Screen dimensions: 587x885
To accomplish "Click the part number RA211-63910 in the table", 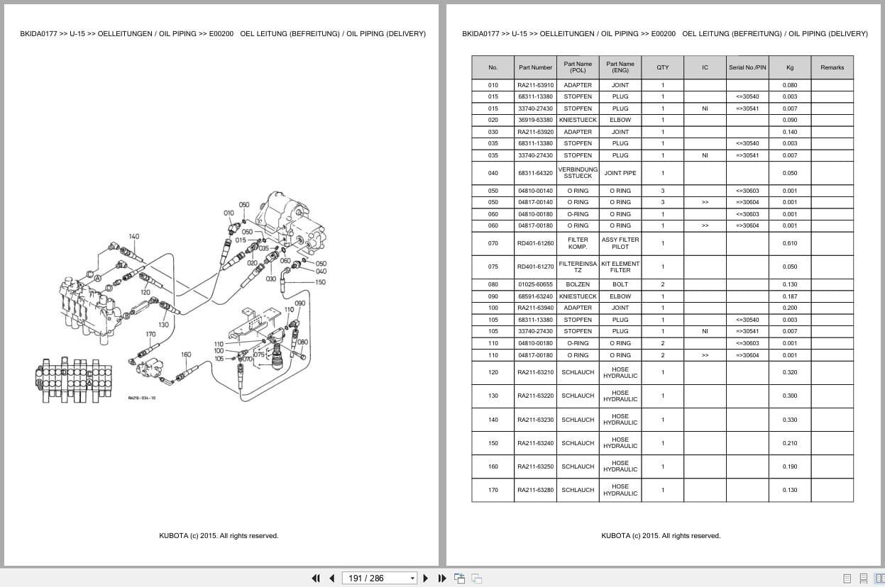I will (535, 85).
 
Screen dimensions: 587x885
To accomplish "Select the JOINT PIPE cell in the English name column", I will (620, 173).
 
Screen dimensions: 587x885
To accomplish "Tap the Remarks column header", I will (832, 67).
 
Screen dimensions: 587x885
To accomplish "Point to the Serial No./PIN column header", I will (747, 67).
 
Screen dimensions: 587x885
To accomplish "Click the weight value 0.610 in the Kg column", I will (790, 243).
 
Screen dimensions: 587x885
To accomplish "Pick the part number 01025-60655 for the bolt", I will (535, 284).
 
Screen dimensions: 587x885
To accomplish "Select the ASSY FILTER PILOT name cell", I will (620, 243).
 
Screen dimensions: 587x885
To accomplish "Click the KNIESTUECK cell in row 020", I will (578, 120).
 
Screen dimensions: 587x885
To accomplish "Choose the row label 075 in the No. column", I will (493, 267).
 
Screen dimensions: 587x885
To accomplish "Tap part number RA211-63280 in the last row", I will (535, 490).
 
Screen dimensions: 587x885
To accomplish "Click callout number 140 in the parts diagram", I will (134, 237).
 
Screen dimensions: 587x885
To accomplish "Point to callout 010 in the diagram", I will (229, 213).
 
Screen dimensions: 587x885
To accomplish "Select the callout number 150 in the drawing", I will (321, 282).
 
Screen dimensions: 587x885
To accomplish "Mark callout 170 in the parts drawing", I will (150, 334).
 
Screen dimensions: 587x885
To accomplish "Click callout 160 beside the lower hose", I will (186, 354).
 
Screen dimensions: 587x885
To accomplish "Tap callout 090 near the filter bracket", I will (299, 303).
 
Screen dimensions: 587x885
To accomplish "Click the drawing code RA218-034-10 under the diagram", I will (142, 398).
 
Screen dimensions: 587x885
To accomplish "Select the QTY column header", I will (662, 67).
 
